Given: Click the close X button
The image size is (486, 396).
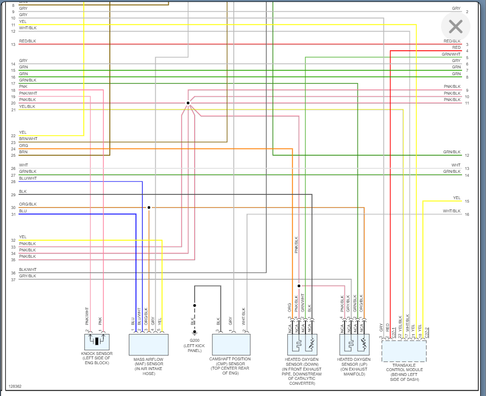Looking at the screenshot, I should point(455,26).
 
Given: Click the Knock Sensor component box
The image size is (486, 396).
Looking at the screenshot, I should point(97,342).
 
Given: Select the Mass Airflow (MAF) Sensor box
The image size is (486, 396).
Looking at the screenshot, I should point(148,345).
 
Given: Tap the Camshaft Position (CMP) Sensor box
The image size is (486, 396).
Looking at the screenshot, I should point(231,345).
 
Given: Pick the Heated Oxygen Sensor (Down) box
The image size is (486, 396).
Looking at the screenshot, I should point(303,345).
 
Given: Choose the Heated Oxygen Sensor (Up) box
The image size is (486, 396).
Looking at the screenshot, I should point(354,345).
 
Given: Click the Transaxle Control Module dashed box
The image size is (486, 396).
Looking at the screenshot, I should point(404,351).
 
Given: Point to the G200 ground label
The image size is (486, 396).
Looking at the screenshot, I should point(194,346).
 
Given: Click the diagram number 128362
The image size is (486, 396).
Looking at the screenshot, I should point(15,386).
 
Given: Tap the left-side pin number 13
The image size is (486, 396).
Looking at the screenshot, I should point(14,44).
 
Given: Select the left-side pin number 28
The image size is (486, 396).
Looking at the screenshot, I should point(14,182).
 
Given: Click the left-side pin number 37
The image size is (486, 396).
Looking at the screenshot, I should point(14,279).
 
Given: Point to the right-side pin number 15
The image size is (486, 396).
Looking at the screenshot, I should point(467,201).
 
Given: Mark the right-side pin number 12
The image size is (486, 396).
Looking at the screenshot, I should point(467,155).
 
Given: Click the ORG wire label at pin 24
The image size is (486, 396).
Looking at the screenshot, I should point(23,146).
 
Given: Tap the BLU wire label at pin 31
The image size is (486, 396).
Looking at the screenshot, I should point(23,211).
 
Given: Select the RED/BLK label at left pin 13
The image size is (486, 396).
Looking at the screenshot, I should point(27,41).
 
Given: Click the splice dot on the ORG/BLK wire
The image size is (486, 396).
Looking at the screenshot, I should point(149,208).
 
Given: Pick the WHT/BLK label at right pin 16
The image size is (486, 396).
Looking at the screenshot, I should point(451,211).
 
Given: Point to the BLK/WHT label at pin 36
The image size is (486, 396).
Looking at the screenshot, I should point(28,270).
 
